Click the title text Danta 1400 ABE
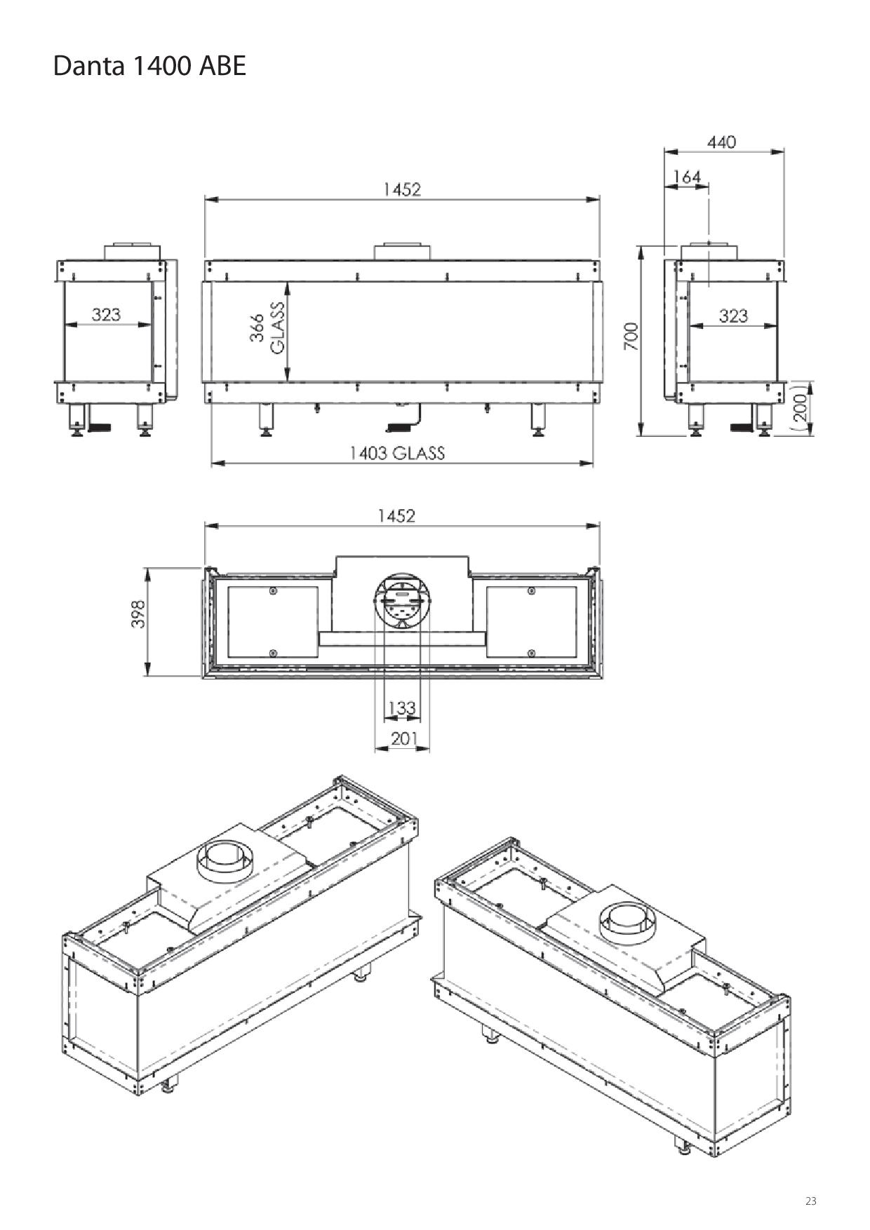tap(149, 66)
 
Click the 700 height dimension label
tap(631, 337)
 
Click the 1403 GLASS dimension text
tap(398, 453)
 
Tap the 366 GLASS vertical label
tap(268, 327)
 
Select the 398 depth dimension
tap(138, 614)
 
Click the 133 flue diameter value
tap(402, 708)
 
